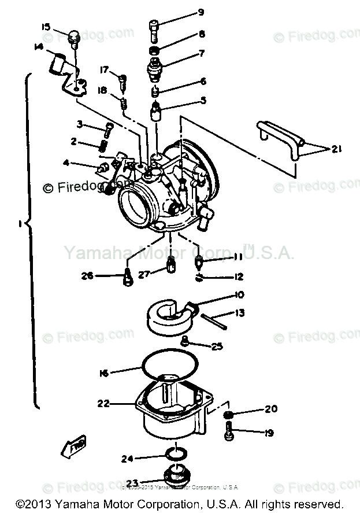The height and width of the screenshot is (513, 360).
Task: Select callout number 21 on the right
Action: click(336, 149)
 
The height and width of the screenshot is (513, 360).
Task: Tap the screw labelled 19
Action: click(229, 430)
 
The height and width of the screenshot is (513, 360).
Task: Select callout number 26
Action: click(87, 275)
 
